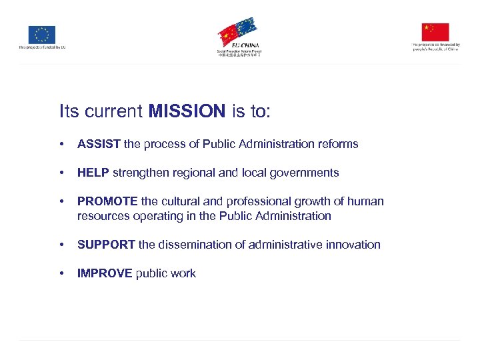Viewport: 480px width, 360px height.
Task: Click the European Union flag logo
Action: [x=41, y=35]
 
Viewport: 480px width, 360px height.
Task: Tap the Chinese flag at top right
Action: [x=435, y=32]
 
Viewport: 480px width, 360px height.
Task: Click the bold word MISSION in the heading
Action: [x=187, y=111]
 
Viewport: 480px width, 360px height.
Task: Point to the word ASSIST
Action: [x=99, y=144]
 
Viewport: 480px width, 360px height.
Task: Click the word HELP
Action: [x=93, y=173]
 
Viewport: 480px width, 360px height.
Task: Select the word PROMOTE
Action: [x=107, y=201]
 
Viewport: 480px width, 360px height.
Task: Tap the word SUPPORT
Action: [x=106, y=245]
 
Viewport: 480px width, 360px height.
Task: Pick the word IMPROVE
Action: [x=105, y=273]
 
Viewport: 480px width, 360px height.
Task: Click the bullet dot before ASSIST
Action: [x=61, y=144]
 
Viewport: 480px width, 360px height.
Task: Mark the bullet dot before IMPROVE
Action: [x=61, y=273]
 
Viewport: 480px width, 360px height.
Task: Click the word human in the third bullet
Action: [x=367, y=201]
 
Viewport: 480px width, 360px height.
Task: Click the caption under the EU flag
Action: [x=42, y=47]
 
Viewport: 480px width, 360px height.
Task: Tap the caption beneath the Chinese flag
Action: [x=435, y=47]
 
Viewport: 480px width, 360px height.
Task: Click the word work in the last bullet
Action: [x=183, y=273]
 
